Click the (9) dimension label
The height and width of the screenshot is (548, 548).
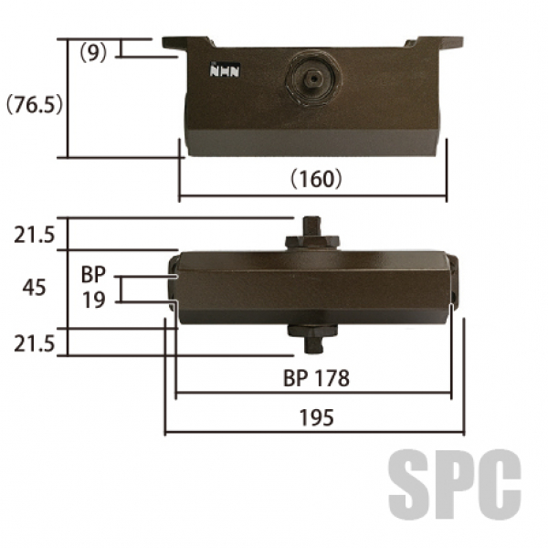tap(93, 54)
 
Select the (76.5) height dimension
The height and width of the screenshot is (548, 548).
tap(35, 104)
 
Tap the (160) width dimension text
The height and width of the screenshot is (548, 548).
tap(316, 179)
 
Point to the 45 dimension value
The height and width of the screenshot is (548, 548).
tap(34, 288)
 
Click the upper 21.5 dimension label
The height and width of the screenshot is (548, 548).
tap(35, 235)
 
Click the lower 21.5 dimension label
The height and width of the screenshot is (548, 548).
tap(35, 344)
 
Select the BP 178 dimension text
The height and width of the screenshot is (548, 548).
tap(316, 378)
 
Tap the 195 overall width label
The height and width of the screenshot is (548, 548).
tap(316, 417)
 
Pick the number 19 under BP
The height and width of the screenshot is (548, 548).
tap(94, 300)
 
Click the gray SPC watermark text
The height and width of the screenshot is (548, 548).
tap(455, 485)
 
